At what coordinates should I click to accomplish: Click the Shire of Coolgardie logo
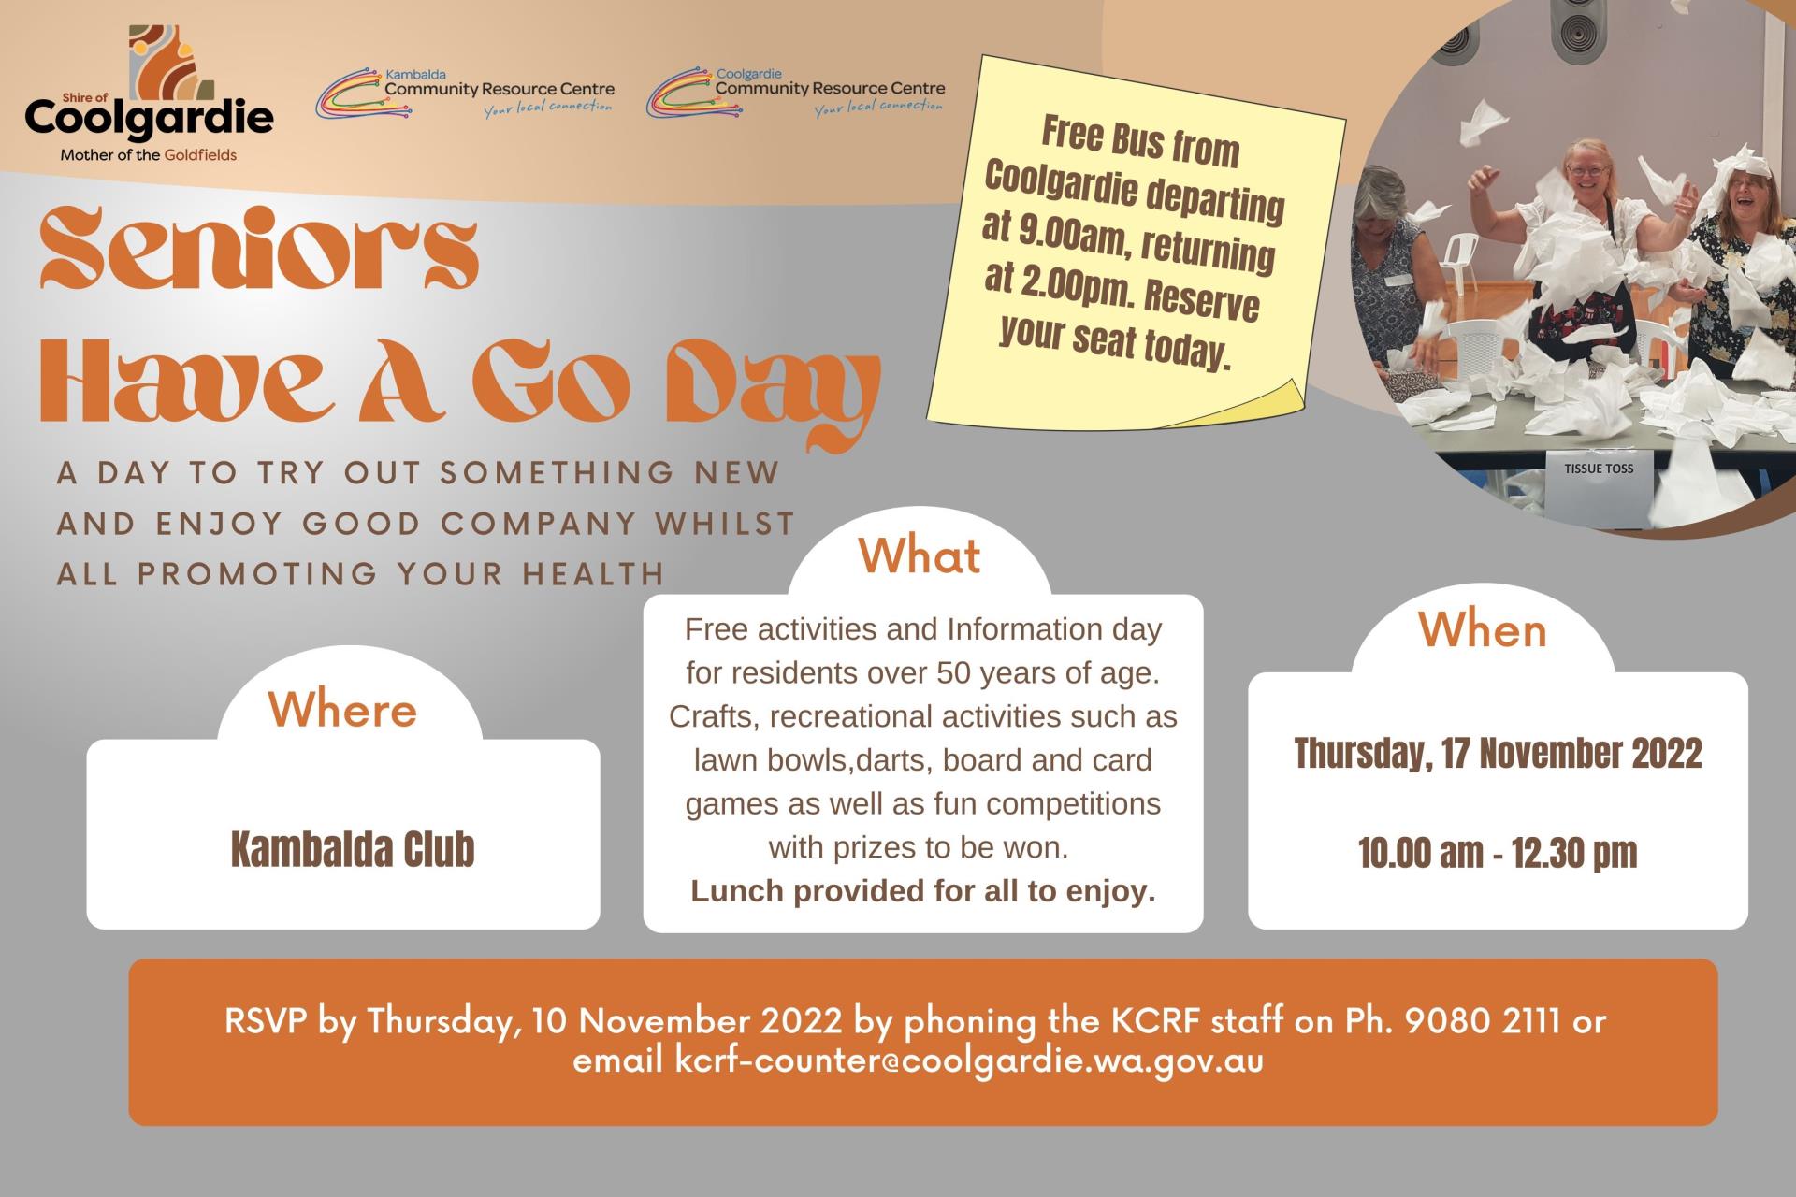click(150, 94)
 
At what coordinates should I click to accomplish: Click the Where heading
click(342, 710)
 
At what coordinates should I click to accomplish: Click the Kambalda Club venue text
click(353, 849)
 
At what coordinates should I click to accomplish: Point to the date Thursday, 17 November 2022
click(1498, 754)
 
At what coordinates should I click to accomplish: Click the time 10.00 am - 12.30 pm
click(1498, 853)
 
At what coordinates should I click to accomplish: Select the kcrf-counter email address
click(969, 1061)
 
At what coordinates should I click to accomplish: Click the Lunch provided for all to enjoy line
click(923, 891)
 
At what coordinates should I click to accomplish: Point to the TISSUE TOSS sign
click(1599, 469)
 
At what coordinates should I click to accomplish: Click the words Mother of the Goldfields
click(149, 155)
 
